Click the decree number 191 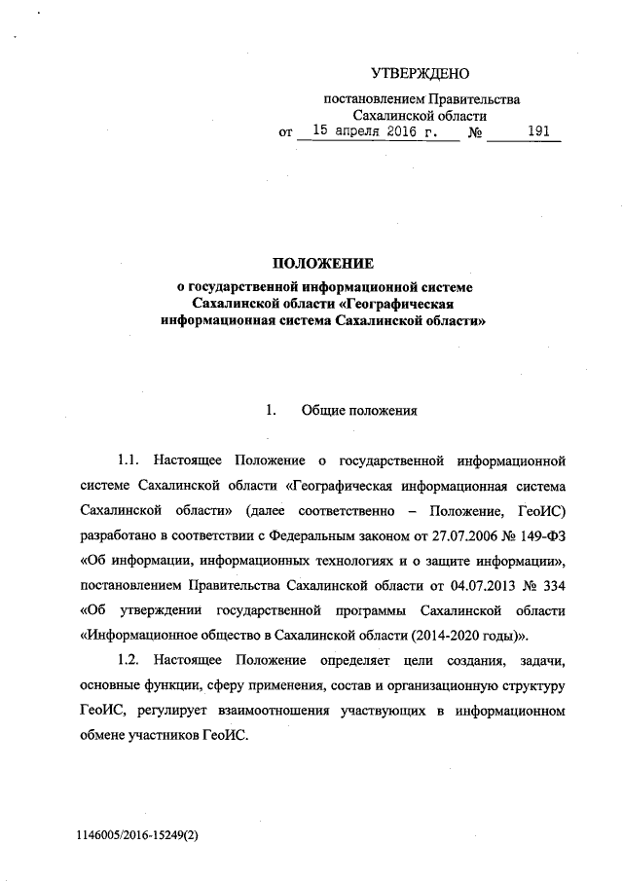point(538,130)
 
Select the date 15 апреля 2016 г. point(377,130)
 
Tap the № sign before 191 point(477,131)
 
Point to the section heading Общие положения point(360,410)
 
